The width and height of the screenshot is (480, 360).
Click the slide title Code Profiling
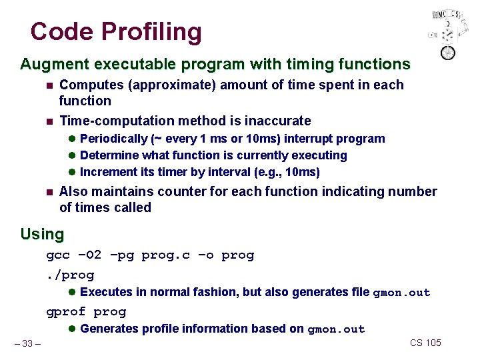point(115,31)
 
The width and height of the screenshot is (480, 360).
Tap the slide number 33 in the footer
point(27,343)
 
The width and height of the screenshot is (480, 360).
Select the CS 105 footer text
point(425,343)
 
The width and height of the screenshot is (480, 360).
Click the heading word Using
point(42,235)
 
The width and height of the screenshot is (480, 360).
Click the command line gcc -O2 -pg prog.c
point(150,255)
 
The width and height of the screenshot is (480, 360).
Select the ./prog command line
point(70,275)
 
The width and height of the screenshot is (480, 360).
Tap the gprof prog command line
point(86,311)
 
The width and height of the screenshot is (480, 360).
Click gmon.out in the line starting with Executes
point(401,293)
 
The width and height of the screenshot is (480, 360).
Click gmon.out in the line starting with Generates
point(336,329)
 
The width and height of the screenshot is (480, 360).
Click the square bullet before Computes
point(49,85)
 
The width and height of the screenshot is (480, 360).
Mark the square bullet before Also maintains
point(49,192)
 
